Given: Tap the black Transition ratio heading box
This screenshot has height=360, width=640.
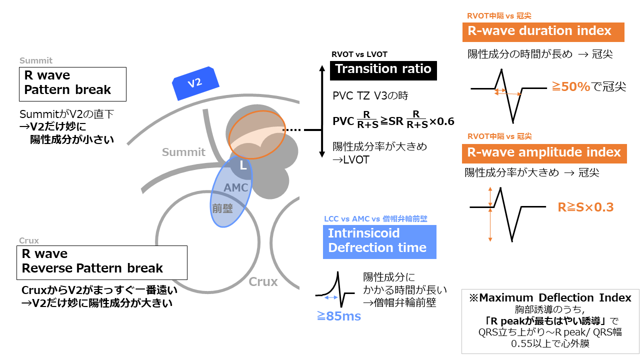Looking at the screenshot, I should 383,69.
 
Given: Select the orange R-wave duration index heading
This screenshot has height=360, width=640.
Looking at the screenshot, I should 543,31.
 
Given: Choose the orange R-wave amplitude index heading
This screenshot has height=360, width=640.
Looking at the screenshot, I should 544,152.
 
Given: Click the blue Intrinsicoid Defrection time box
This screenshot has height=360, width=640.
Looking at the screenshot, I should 379,241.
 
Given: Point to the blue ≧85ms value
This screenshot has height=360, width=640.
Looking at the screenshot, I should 338,315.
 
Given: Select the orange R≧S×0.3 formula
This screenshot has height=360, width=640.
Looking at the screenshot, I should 585,207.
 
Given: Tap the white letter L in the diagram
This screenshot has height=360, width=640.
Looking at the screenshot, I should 243,164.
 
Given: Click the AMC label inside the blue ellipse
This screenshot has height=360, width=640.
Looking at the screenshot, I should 236,188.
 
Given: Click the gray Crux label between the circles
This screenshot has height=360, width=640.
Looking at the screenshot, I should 263,282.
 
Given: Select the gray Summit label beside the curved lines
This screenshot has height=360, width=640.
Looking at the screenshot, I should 183,152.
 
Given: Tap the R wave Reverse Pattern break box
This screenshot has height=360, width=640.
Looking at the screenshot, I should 102,261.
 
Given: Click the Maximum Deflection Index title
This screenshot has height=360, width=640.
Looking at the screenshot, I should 550,298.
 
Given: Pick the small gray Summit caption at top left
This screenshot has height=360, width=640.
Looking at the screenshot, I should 36,60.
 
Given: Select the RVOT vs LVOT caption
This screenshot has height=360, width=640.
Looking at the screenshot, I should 359,54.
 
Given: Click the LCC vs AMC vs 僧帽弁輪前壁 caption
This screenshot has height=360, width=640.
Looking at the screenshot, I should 375,218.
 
